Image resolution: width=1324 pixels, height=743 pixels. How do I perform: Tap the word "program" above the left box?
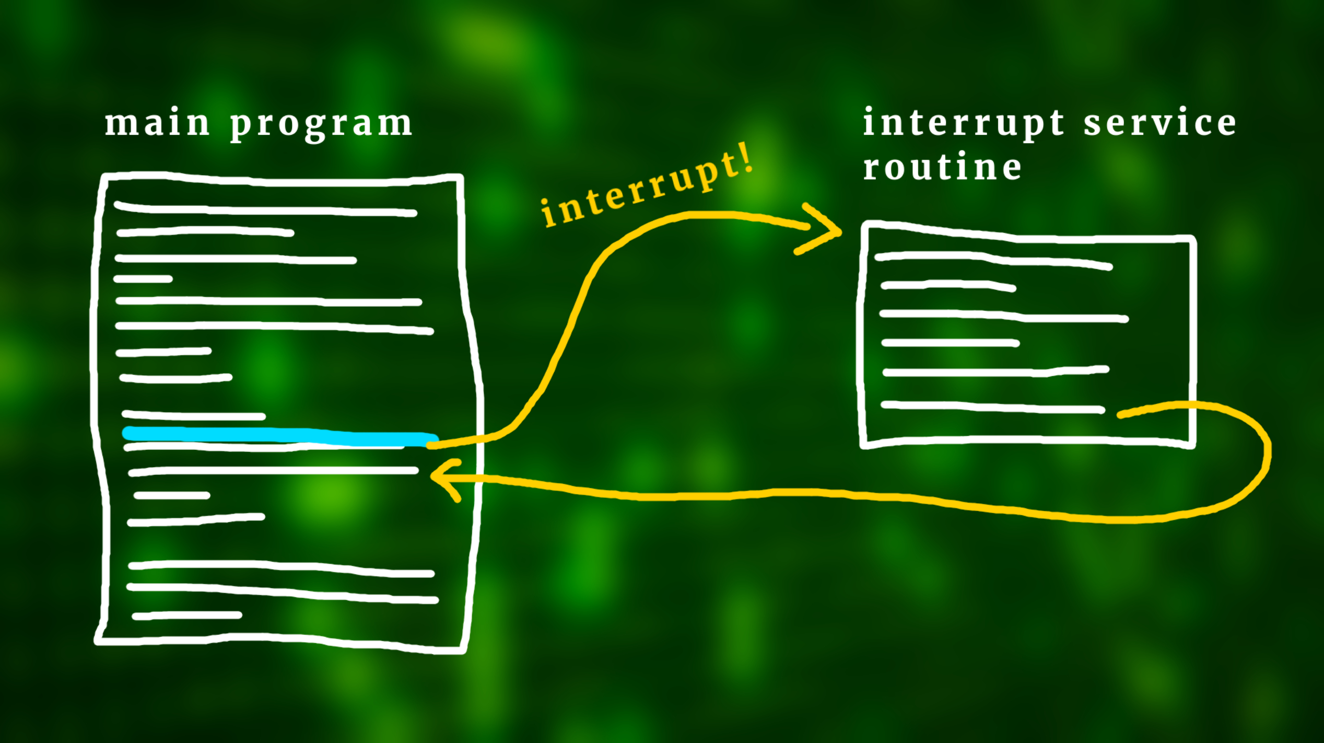(x=322, y=125)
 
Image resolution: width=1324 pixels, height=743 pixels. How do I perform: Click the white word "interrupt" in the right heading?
(x=964, y=123)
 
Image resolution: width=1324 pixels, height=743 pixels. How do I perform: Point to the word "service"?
(x=1160, y=123)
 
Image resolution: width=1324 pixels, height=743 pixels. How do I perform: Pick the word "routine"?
(x=942, y=168)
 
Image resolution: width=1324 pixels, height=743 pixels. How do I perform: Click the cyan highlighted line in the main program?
(x=280, y=436)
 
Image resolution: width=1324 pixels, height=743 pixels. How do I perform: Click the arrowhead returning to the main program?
(x=441, y=476)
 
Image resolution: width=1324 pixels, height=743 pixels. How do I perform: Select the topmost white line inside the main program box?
(x=265, y=210)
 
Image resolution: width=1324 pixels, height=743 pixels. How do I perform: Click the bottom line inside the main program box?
(x=187, y=616)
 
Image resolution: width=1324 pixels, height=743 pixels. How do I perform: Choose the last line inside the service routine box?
(x=992, y=407)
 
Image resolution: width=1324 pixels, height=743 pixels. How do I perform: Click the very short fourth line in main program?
(x=143, y=279)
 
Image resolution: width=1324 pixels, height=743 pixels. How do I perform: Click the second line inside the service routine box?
(x=948, y=285)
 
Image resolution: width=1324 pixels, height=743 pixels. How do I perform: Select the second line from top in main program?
(x=205, y=231)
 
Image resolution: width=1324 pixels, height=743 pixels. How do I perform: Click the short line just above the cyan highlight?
(x=194, y=416)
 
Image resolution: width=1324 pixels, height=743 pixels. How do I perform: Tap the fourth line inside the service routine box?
(x=950, y=343)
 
